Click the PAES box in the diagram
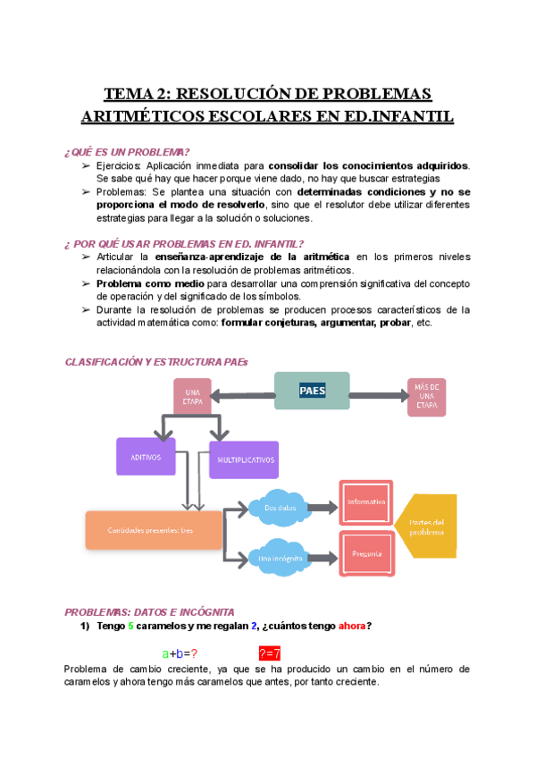coord(312,391)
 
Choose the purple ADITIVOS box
coord(146,457)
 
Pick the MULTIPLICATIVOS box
coord(243,459)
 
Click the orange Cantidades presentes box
coord(153,530)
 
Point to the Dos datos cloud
coord(280,508)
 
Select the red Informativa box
coord(366,502)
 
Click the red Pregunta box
coord(366,553)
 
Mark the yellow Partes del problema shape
coord(425,526)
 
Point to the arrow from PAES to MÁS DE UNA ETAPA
coord(376,393)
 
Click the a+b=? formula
coord(180,653)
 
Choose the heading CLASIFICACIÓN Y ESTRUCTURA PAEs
coord(156,361)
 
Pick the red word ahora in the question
coord(351,626)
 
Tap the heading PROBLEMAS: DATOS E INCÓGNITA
coord(149,612)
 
